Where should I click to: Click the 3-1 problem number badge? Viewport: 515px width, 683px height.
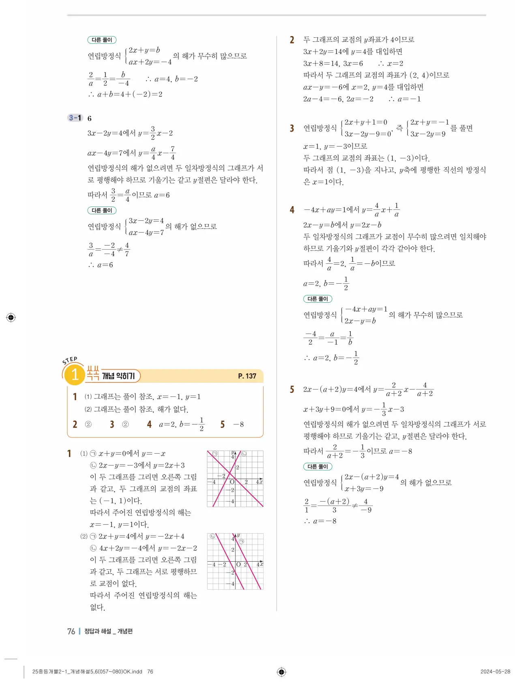(75, 118)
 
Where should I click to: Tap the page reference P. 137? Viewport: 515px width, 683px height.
(247, 376)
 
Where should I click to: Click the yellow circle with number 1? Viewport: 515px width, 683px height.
(75, 375)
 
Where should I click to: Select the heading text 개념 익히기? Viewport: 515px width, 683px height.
(118, 376)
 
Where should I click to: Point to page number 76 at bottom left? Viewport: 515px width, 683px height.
(71, 631)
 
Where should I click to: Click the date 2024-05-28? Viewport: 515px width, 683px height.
(495, 672)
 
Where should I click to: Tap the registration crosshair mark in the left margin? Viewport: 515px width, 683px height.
(11, 317)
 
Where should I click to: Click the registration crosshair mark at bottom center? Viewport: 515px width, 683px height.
(281, 672)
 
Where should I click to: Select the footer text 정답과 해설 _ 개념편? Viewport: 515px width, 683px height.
(108, 631)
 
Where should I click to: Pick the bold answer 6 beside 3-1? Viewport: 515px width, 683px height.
(90, 119)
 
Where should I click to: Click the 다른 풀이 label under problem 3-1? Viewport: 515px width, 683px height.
(102, 211)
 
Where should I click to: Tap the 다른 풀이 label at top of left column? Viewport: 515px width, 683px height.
(102, 40)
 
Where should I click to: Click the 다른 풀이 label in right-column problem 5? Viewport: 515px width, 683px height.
(318, 467)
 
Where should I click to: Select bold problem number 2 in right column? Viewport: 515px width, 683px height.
(292, 40)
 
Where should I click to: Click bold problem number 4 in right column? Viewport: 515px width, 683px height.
(292, 210)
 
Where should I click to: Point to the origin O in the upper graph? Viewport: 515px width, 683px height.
(232, 482)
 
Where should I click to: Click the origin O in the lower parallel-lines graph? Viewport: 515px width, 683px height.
(238, 564)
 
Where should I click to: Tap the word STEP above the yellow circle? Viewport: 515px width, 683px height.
(70, 360)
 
